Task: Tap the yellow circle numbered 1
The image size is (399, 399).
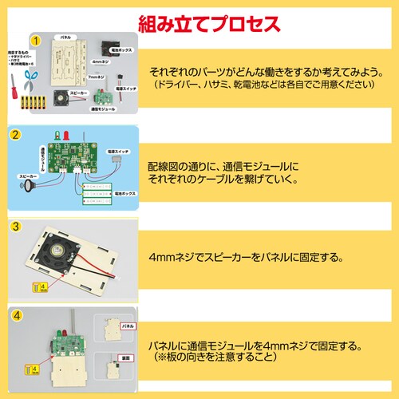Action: [x=36, y=39]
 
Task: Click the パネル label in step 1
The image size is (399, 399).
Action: [x=67, y=38]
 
